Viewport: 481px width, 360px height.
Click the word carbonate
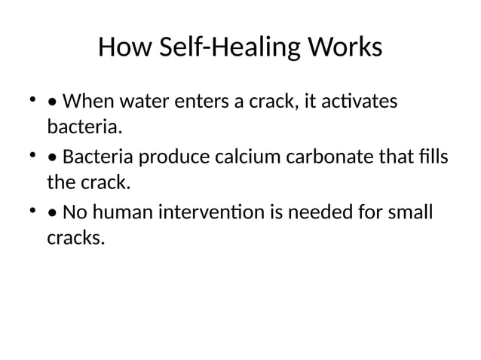(x=328, y=157)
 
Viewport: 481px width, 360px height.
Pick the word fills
(x=431, y=157)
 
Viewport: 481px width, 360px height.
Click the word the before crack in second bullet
(x=60, y=182)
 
